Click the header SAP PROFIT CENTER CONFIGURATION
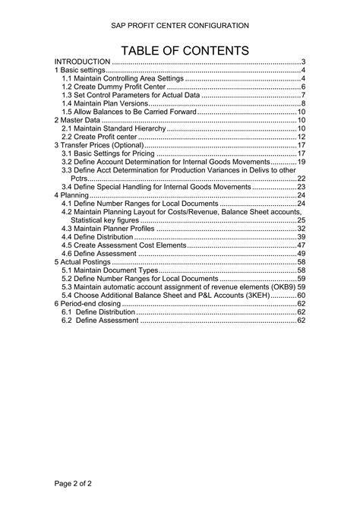coord(180,26)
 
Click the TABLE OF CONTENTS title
coord(180,50)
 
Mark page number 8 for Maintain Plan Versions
coord(303,103)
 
